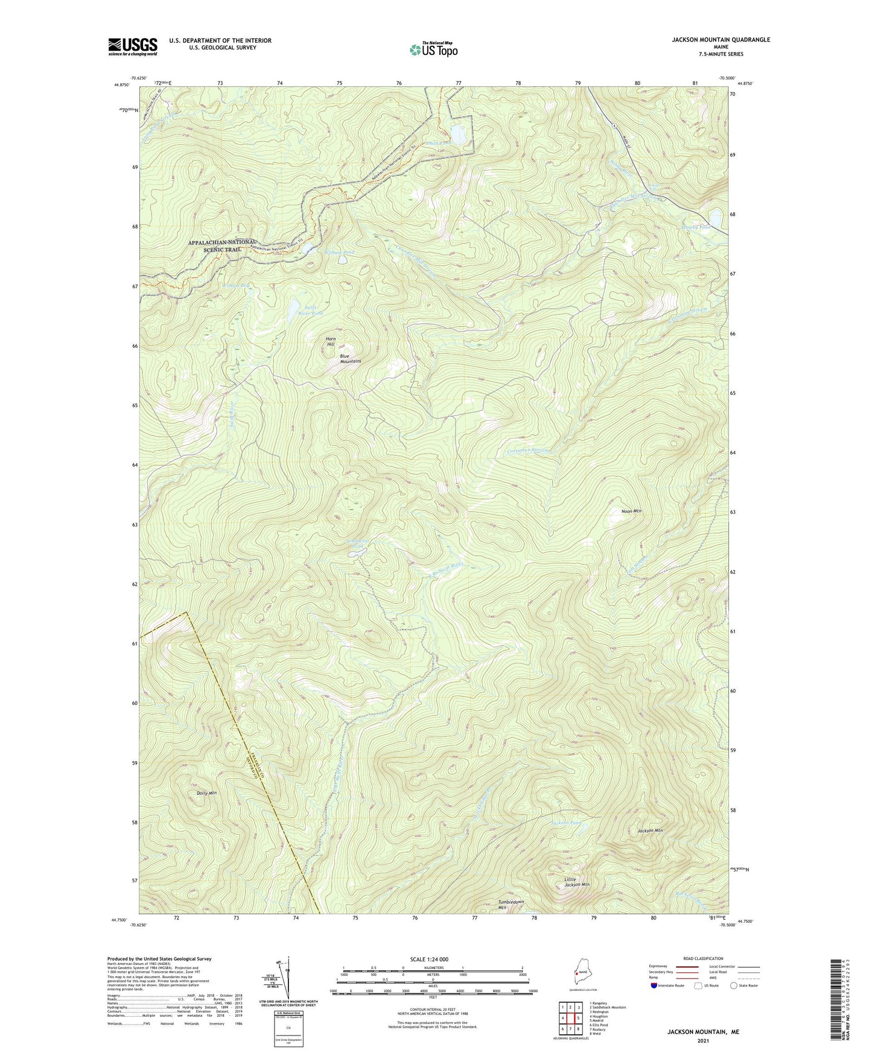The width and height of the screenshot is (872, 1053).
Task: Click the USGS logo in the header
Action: (132, 46)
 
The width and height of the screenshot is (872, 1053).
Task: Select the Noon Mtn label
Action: (631, 511)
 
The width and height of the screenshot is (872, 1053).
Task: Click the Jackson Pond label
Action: (567, 823)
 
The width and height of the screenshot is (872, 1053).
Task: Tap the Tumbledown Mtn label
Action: (511, 905)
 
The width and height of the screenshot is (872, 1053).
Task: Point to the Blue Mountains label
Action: (350, 358)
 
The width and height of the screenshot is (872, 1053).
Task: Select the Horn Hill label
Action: (331, 342)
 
